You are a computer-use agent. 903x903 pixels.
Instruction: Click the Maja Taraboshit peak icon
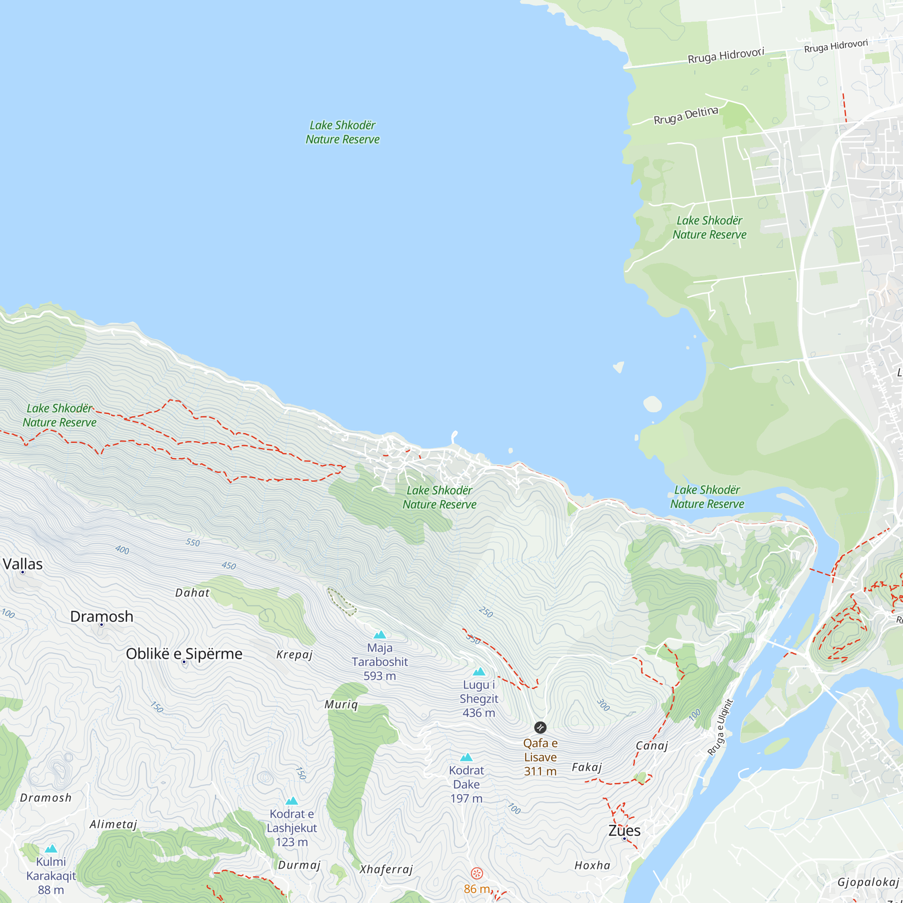tap(380, 635)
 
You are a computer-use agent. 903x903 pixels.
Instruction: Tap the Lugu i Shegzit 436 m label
tap(479, 699)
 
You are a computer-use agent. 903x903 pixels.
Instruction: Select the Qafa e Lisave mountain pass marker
tap(540, 728)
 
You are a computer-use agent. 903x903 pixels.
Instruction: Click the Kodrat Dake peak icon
tap(466, 758)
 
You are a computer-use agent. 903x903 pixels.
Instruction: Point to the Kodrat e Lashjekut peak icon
tap(292, 801)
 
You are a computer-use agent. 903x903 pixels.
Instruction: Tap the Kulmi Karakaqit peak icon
tap(51, 849)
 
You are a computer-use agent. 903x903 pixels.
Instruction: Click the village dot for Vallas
tap(23, 572)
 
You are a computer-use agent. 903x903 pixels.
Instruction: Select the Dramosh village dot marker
tap(102, 624)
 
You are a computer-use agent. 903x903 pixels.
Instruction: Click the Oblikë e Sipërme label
tap(184, 654)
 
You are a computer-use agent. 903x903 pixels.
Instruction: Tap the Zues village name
tap(624, 831)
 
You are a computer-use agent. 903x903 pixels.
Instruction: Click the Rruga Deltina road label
tap(685, 116)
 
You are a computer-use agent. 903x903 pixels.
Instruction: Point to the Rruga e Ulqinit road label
tap(720, 727)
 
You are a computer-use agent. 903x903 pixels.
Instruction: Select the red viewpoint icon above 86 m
tap(476, 874)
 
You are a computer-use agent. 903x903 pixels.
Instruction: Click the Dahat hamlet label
tap(192, 593)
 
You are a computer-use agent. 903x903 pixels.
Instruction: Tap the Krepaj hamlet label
tap(294, 654)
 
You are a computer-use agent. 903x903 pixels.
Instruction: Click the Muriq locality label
tap(341, 704)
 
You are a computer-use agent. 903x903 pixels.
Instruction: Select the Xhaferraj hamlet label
tap(386, 869)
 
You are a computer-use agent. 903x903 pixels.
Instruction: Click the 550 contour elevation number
tap(193, 542)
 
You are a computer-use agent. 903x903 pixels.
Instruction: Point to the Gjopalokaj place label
tap(868, 882)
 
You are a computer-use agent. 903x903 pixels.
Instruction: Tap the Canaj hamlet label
tap(652, 745)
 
